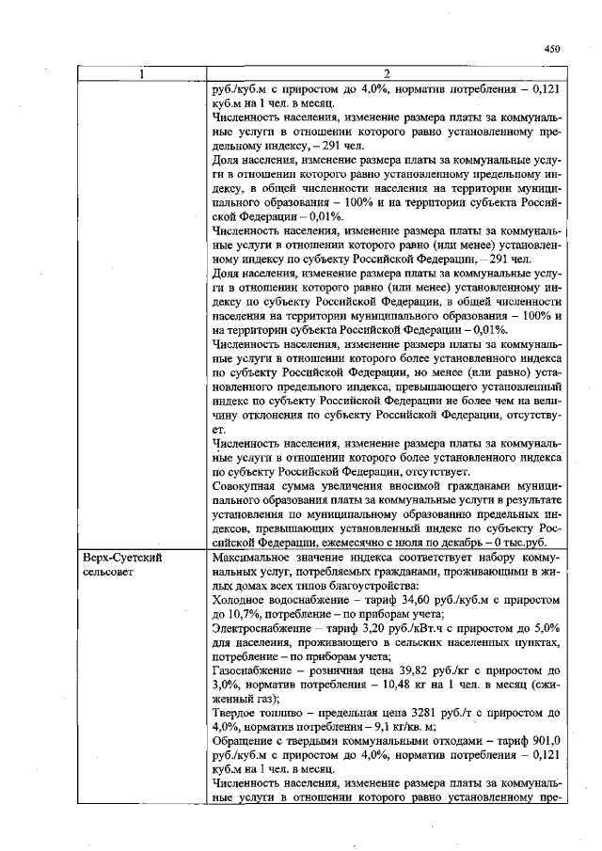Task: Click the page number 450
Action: tap(551, 50)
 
